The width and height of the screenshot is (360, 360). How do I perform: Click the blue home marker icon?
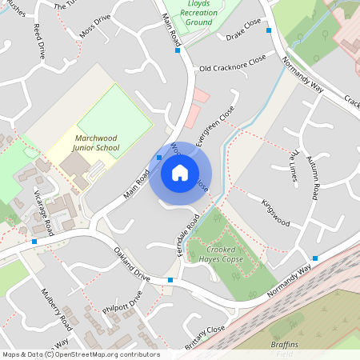[179, 172]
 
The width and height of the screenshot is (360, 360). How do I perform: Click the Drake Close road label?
[245, 35]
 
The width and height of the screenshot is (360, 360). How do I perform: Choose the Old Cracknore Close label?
[232, 66]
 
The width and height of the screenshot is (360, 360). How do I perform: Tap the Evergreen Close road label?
[212, 124]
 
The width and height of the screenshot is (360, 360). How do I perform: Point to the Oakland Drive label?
[131, 263]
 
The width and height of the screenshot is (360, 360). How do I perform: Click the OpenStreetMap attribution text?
[80, 354]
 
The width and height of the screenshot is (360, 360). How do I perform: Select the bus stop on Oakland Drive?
[170, 280]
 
